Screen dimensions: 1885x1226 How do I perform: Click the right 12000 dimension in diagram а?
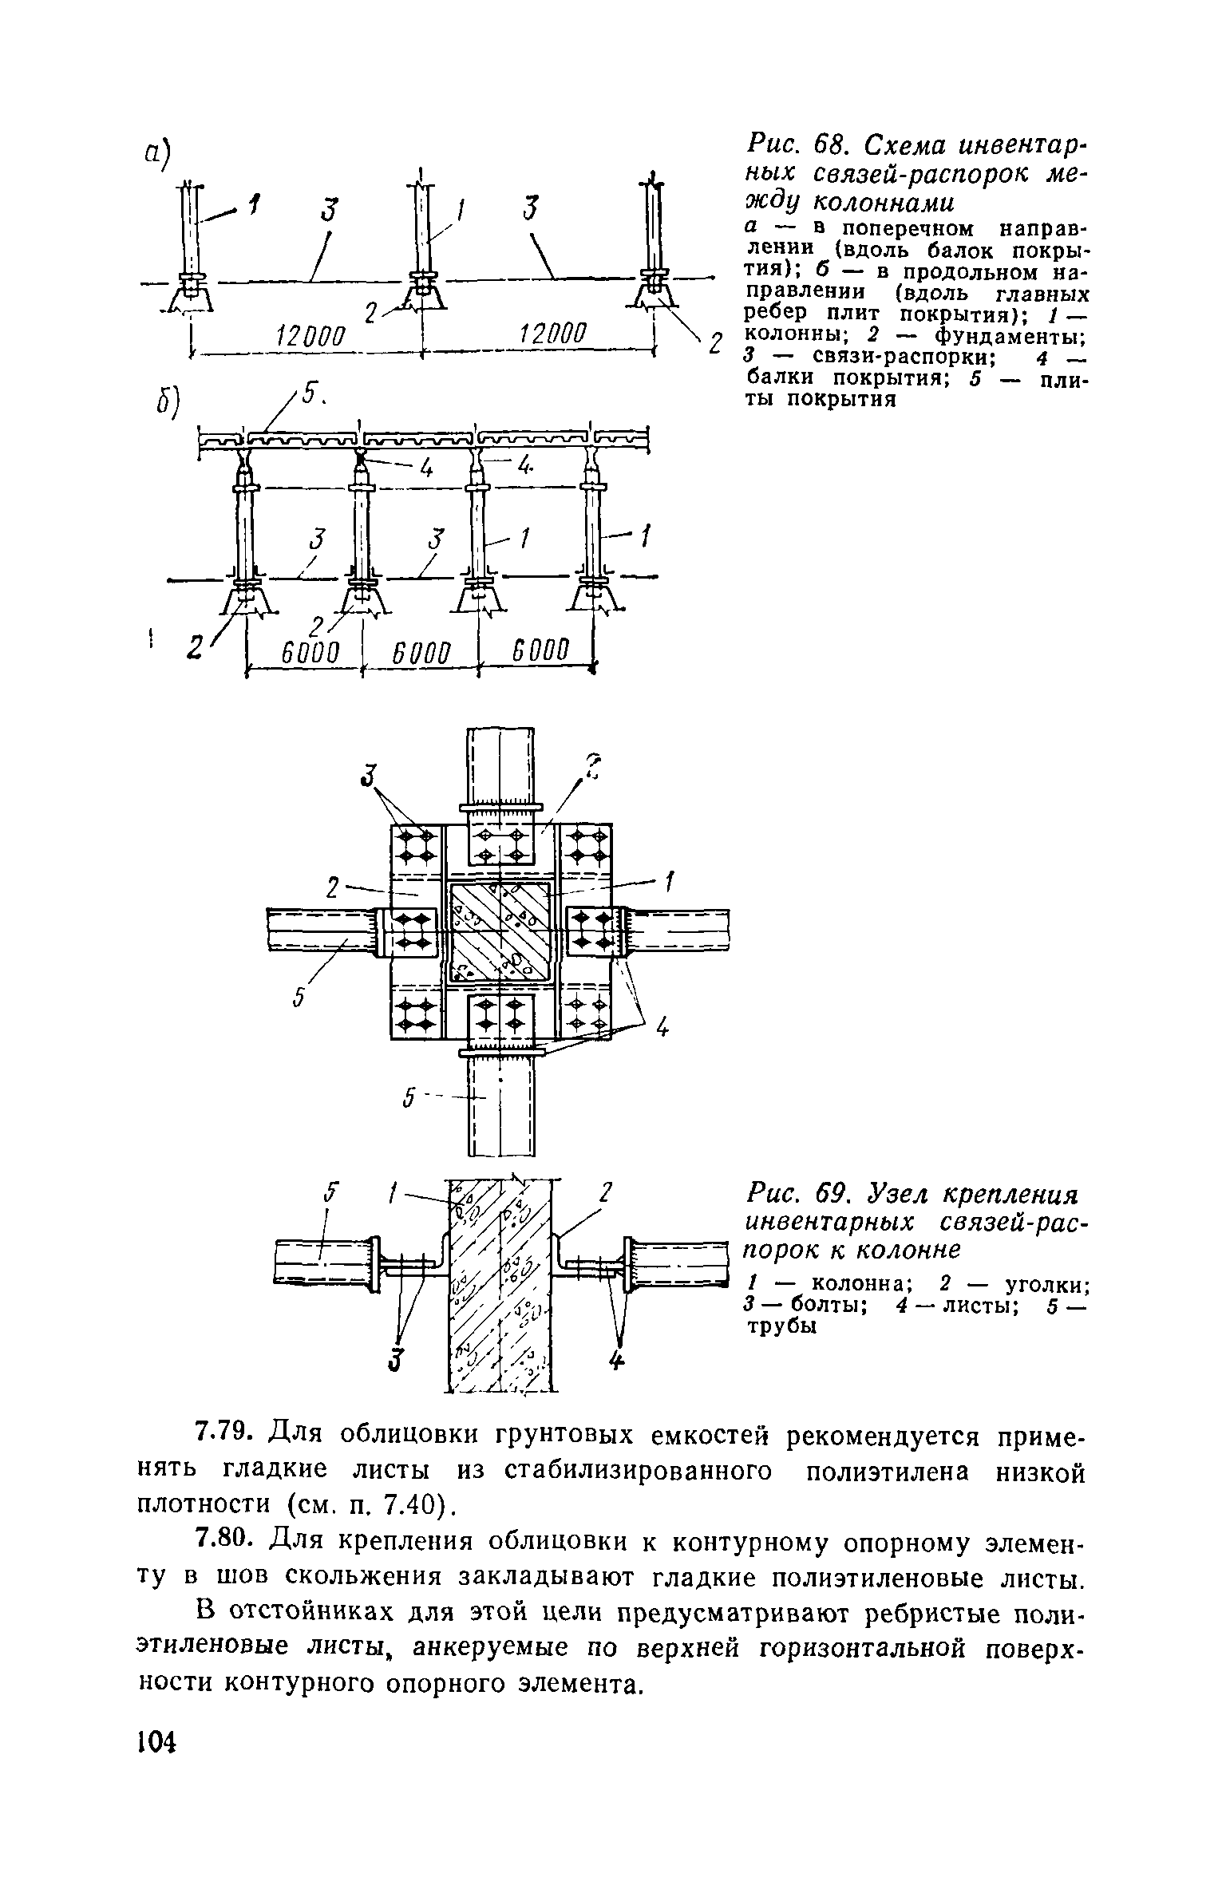point(551,335)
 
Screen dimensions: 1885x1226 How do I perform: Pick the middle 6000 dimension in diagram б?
point(421,652)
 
